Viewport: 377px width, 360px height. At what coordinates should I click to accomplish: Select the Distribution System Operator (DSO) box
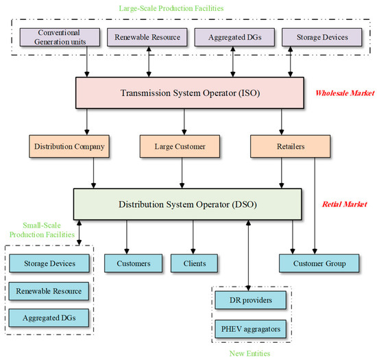pyautogui.click(x=188, y=204)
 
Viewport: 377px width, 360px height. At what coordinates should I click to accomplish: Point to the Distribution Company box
pyautogui.click(x=62, y=146)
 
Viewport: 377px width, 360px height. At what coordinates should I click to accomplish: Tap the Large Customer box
pyautogui.click(x=182, y=146)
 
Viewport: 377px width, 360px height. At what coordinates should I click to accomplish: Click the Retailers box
pyautogui.click(x=281, y=146)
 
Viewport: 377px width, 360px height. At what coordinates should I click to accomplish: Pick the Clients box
pyautogui.click(x=194, y=263)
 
